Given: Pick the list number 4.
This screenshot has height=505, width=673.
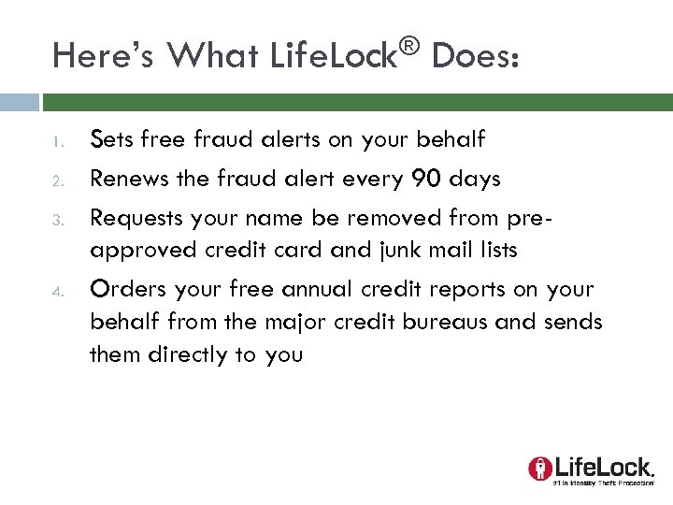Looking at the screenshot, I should click(57, 290).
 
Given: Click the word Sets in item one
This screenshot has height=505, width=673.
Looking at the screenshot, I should click(110, 140).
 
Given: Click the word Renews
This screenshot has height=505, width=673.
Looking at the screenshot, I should click(128, 179).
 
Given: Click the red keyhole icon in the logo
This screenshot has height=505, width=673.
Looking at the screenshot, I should click(539, 468).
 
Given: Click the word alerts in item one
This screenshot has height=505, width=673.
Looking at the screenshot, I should click(288, 140).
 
